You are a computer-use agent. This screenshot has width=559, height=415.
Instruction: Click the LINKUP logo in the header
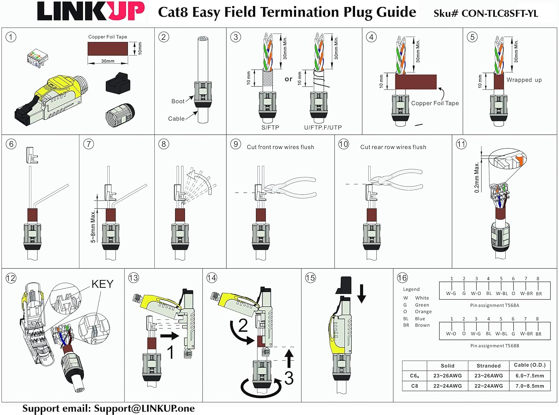91,11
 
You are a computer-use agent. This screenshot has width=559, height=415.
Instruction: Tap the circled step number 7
89,144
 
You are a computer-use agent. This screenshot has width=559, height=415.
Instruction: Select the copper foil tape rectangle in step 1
108,48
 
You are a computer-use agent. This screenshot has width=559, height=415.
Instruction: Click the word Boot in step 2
178,101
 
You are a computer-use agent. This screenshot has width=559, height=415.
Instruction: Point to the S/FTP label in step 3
270,128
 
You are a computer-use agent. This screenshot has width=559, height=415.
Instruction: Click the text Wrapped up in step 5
524,80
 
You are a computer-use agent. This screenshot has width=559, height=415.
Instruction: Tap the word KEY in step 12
102,284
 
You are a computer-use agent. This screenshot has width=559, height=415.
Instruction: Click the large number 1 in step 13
170,352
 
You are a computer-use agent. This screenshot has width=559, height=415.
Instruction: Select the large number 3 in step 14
289,378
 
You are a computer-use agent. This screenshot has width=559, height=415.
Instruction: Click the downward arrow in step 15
361,293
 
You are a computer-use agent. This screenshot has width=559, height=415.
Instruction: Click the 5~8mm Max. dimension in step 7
93,227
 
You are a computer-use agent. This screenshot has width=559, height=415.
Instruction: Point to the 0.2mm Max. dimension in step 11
477,177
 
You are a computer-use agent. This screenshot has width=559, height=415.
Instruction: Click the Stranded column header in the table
489,366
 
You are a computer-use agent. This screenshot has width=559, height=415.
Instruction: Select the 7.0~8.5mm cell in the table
530,386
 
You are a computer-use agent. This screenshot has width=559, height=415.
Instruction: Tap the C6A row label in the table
415,376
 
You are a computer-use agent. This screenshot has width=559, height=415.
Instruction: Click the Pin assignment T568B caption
495,346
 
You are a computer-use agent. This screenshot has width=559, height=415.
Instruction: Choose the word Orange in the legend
423,312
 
